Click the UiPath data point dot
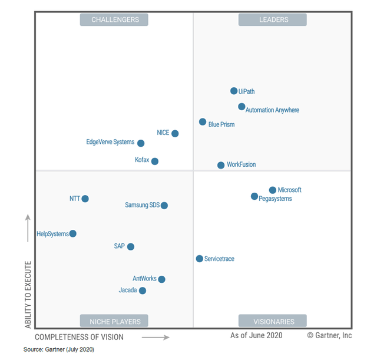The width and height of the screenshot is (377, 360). click(234, 91)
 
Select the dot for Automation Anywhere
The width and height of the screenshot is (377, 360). click(242, 107)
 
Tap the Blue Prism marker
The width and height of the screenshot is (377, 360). click(203, 122)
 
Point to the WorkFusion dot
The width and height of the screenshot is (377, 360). click(221, 165)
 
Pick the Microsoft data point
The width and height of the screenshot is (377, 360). click(273, 190)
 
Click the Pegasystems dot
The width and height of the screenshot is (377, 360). click(254, 196)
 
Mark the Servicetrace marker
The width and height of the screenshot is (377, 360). click(200, 259)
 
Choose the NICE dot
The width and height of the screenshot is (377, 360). click(175, 133)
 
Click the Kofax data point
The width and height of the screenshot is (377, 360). click(155, 161)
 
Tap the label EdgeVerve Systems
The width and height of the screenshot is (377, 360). click(110, 142)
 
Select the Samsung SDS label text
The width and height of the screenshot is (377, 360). click(142, 205)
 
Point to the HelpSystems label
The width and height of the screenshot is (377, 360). click(52, 234)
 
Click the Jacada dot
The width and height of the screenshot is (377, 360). click(143, 290)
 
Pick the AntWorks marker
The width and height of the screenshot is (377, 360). click(162, 279)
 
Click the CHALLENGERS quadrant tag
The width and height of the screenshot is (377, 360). click(114, 19)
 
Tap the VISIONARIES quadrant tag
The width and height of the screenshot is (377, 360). click(273, 322)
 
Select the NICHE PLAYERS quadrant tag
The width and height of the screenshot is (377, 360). click(114, 322)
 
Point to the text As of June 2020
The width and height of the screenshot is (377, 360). click(256, 335)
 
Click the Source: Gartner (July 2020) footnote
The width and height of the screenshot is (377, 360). click(59, 349)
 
